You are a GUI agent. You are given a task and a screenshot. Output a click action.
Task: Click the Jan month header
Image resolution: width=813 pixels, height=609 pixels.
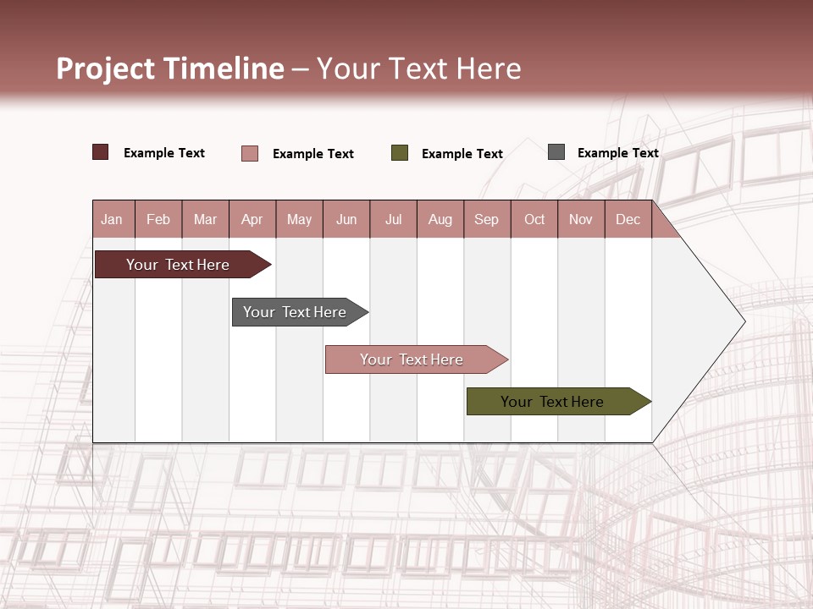pos(112,219)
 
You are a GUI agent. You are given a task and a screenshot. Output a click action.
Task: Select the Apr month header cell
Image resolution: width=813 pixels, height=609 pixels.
pos(252,219)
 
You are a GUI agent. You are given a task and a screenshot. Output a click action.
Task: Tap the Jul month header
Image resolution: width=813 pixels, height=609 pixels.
pos(393,219)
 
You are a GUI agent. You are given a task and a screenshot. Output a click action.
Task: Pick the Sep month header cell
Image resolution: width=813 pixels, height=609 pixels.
pos(486,219)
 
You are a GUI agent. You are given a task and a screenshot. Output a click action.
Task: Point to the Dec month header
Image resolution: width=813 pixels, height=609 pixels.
pos(628,219)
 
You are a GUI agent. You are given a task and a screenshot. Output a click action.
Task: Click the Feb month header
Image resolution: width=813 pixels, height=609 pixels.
pos(158,219)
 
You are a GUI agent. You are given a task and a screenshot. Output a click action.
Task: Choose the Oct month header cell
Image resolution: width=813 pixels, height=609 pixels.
pos(534,219)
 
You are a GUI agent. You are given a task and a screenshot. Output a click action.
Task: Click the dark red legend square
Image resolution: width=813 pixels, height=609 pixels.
pos(101,152)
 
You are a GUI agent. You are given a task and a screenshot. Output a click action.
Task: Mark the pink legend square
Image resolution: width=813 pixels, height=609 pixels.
pos(250,153)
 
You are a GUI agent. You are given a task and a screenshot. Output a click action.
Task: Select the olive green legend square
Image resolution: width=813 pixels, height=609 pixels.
pos(400,153)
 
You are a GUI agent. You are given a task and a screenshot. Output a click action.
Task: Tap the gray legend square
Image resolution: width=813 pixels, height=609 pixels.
pos(556,152)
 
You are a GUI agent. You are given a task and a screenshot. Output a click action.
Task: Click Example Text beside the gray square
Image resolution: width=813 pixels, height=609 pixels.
pos(617,153)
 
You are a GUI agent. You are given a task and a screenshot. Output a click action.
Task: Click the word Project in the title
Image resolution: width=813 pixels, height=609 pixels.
pos(107,69)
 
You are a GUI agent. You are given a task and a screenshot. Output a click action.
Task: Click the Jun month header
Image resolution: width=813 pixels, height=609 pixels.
pos(346,219)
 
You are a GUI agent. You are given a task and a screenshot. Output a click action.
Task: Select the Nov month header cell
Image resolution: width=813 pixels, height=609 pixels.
pos(581,219)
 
